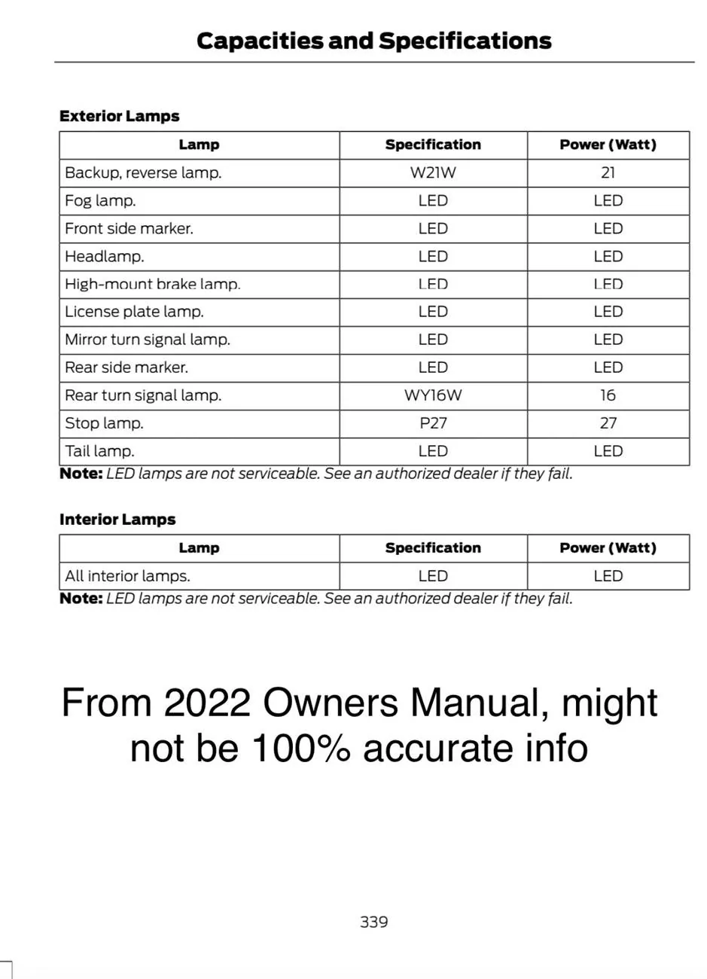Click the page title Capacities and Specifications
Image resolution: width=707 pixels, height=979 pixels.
tap(373, 41)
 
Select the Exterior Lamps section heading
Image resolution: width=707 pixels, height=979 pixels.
tap(119, 116)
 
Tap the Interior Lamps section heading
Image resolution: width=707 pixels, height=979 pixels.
tap(117, 520)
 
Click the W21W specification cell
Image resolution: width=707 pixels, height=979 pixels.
tap(433, 172)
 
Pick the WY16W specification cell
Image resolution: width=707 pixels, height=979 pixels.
tap(433, 395)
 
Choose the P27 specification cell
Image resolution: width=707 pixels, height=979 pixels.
tap(433, 423)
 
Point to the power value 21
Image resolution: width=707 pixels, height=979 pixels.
tap(608, 172)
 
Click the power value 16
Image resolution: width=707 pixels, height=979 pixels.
tap(608, 395)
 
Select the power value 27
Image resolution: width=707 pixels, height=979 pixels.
tap(608, 423)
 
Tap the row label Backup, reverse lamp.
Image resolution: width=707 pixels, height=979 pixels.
tap(143, 172)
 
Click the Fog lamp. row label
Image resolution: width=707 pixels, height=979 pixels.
tap(100, 201)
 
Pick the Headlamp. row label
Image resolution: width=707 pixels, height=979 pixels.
tap(104, 257)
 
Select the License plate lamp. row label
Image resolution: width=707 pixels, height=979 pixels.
tap(134, 312)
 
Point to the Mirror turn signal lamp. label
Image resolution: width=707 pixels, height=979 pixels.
tap(148, 340)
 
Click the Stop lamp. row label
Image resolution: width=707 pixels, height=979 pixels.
tap(104, 423)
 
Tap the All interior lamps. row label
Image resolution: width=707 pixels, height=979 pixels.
tap(127, 576)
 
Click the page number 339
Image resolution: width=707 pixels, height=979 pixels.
tap(373, 922)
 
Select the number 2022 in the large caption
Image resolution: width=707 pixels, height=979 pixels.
tap(207, 703)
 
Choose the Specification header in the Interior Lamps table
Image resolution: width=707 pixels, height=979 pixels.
tap(433, 548)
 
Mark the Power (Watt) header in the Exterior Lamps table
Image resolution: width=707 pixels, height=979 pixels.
tap(608, 145)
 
